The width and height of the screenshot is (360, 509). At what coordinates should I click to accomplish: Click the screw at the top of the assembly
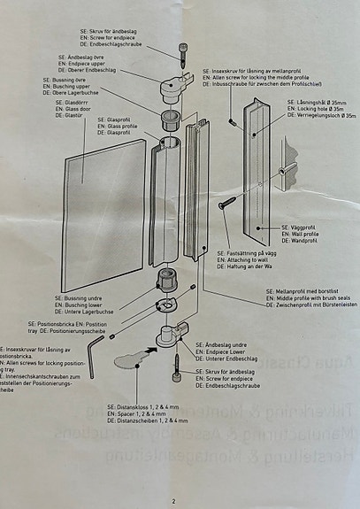[182, 54]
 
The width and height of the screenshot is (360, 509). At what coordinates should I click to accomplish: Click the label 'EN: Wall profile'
[302, 232]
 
